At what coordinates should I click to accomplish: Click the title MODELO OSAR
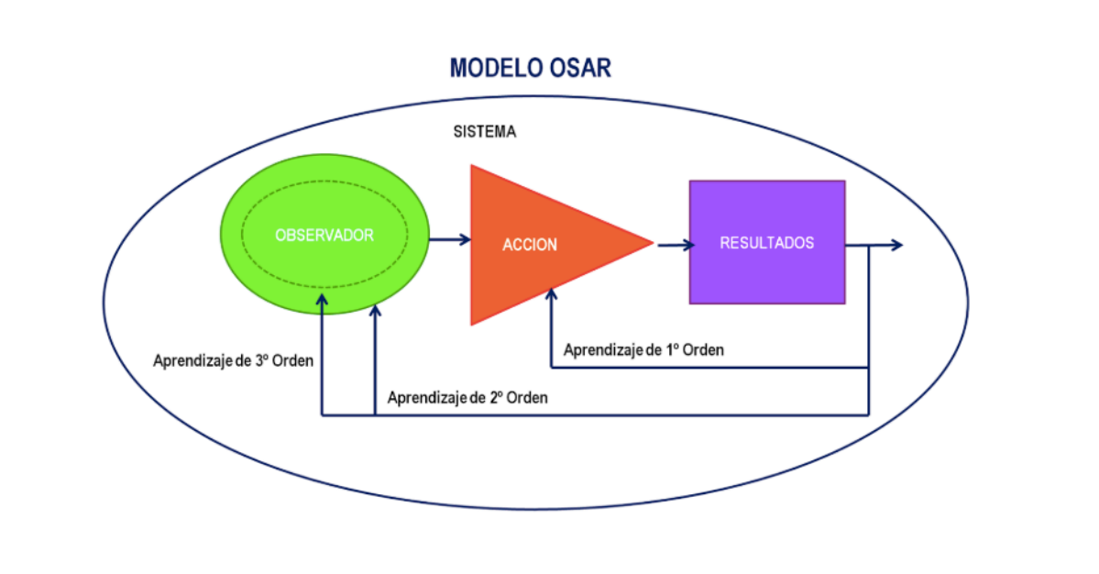coord(530,68)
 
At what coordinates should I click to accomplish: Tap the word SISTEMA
coord(485,131)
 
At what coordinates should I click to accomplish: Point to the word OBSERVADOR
coord(324,236)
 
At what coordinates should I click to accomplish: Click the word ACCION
coord(530,245)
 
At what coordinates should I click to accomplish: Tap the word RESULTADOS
coord(767,243)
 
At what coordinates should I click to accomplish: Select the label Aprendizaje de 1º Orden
coord(643,349)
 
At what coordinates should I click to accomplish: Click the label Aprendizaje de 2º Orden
coord(467,398)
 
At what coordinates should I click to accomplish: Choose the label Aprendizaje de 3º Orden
coord(233,359)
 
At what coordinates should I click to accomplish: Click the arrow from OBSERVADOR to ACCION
coord(449,240)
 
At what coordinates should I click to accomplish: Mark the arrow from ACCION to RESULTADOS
coord(673,244)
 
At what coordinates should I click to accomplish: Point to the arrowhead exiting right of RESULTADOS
coord(896,245)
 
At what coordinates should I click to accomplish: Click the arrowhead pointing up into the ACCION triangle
coord(551,295)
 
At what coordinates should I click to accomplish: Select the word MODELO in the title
coord(492,68)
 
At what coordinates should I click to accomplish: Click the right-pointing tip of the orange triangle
coord(650,244)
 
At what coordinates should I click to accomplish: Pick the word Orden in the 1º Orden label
coord(701,349)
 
